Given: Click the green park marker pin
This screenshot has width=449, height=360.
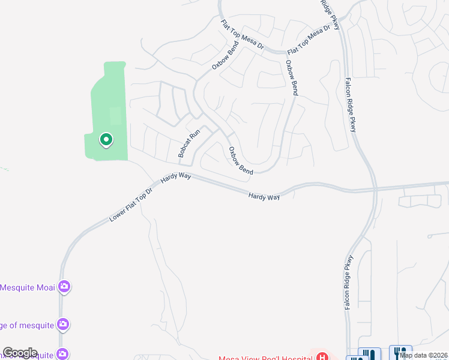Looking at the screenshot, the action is [106, 140].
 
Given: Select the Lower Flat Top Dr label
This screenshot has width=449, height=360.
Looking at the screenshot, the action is [132, 205].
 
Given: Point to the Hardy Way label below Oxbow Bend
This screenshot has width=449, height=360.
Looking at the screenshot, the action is [264, 196].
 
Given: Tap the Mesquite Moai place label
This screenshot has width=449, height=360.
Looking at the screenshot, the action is [28, 287].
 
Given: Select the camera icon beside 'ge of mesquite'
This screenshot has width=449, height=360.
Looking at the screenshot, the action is [64, 325].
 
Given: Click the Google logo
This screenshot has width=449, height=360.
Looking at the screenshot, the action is [20, 353].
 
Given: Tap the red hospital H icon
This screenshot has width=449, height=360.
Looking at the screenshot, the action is [322, 356].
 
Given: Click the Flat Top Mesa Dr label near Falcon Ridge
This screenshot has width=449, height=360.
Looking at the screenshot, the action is [309, 40].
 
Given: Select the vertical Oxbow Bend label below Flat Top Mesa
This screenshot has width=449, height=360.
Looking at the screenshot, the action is [292, 77].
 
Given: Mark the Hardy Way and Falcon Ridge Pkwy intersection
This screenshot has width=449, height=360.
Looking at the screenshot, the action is [375, 189].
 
